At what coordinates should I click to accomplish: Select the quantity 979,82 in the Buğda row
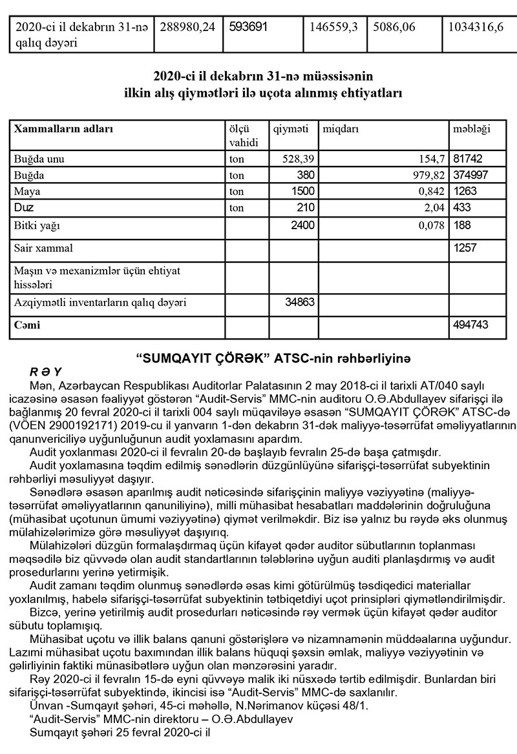pyautogui.click(x=424, y=175)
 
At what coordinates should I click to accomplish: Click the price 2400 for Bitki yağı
pyautogui.click(x=301, y=225)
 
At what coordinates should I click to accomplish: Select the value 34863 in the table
pyautogui.click(x=299, y=301)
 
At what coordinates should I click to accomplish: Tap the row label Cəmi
pyautogui.click(x=27, y=325)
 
